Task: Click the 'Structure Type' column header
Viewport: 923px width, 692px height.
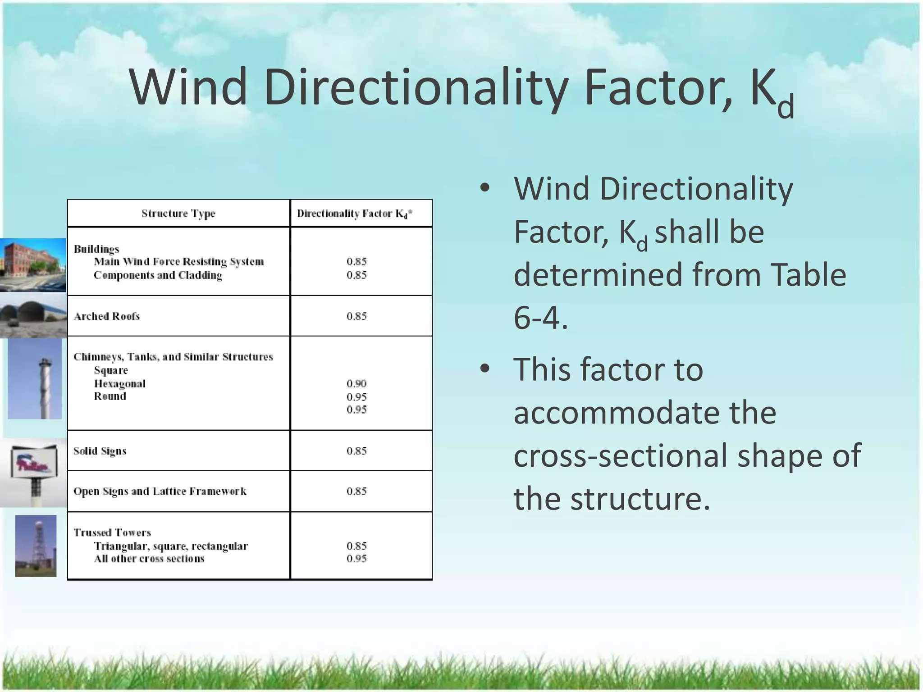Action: coord(178,214)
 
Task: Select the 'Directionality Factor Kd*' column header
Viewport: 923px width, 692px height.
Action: coord(355,214)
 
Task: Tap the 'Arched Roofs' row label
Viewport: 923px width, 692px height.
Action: coord(107,316)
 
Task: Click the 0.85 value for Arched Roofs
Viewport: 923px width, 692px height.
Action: coord(356,316)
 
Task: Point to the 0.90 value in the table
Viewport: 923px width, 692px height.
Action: coord(356,383)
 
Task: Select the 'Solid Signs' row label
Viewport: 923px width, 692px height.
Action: coord(100,451)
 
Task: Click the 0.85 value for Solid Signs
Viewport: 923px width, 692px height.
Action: coord(356,451)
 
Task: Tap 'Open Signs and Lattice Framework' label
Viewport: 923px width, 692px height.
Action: coord(160,492)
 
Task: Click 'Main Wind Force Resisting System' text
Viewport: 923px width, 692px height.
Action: coord(179,262)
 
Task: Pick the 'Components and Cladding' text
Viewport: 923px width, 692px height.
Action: coord(158,275)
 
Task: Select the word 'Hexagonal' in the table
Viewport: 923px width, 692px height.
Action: coord(120,384)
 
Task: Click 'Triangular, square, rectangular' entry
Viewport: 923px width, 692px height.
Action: coord(171,546)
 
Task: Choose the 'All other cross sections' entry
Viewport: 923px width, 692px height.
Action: coord(149,559)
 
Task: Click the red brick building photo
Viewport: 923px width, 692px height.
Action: coord(33,265)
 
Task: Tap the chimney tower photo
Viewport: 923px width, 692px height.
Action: coord(35,378)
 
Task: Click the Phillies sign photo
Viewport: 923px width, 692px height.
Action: coord(34,473)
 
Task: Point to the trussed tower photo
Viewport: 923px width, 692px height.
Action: coord(36,546)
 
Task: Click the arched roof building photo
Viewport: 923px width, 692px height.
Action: coord(33,315)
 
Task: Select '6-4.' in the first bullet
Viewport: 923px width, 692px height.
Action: coord(540,318)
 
